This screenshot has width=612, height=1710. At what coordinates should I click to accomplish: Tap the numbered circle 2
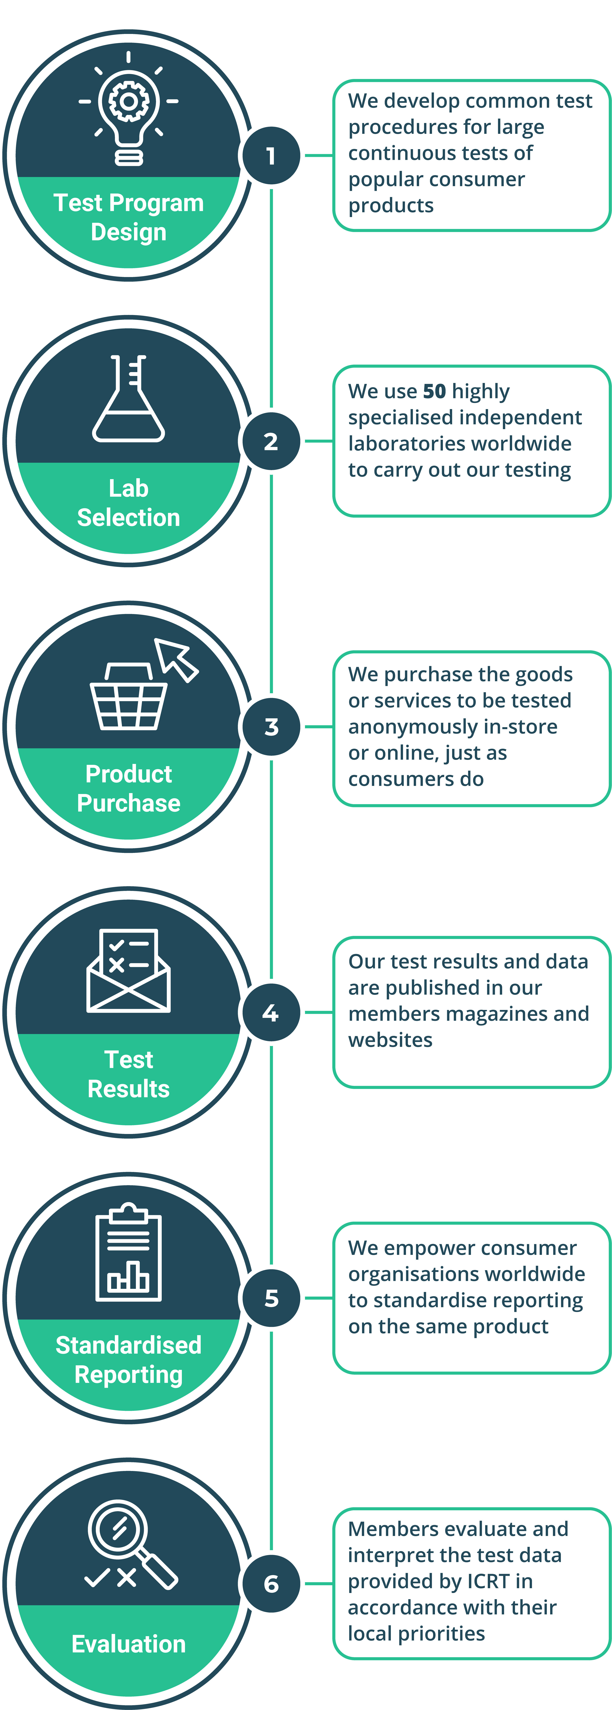click(x=271, y=441)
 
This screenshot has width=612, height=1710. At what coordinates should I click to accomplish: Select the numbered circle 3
click(x=271, y=727)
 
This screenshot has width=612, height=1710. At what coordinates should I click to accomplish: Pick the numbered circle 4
click(x=271, y=1012)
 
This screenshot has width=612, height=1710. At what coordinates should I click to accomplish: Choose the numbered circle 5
click(x=271, y=1298)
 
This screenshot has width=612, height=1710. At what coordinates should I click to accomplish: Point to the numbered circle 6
click(x=271, y=1584)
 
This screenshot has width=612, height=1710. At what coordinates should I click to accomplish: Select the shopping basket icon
click(x=128, y=697)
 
